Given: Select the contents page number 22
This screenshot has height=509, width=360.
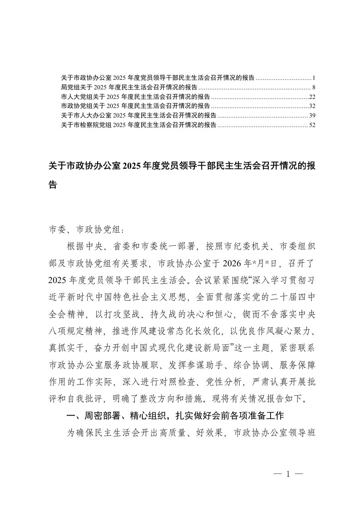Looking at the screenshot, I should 311,97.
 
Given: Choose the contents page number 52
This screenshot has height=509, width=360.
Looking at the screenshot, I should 311,125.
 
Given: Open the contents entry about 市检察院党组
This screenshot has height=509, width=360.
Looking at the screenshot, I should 138,125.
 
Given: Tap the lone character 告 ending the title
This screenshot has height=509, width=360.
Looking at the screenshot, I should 53,185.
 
